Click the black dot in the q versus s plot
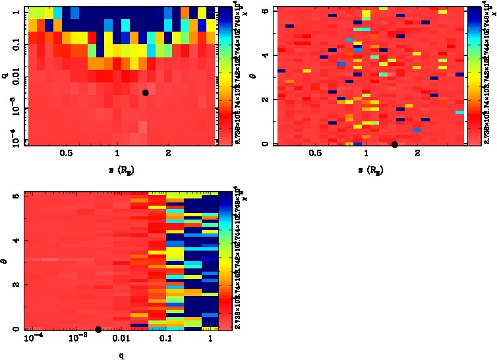pyautogui.click(x=145, y=92)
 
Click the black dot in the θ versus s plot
pyautogui.click(x=394, y=144)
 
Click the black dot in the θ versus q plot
pyautogui.click(x=98, y=329)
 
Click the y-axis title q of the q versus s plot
pyautogui.click(x=5, y=76)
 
